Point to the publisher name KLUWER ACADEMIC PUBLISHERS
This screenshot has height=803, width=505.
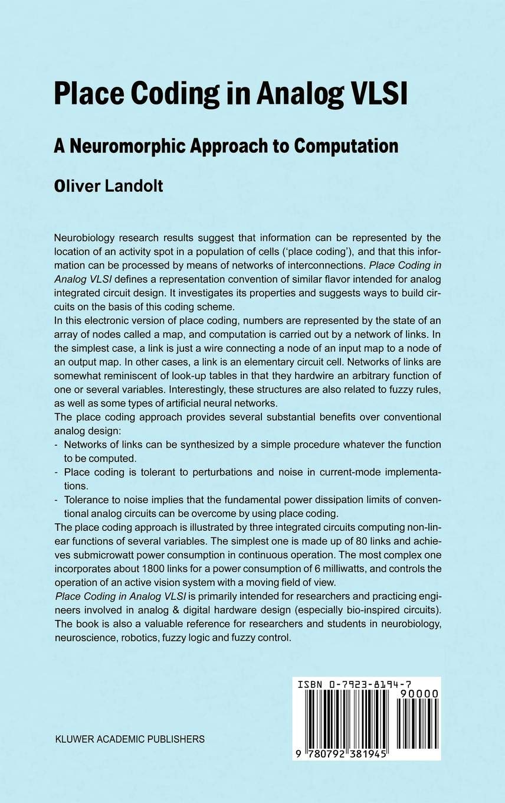click(x=129, y=739)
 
